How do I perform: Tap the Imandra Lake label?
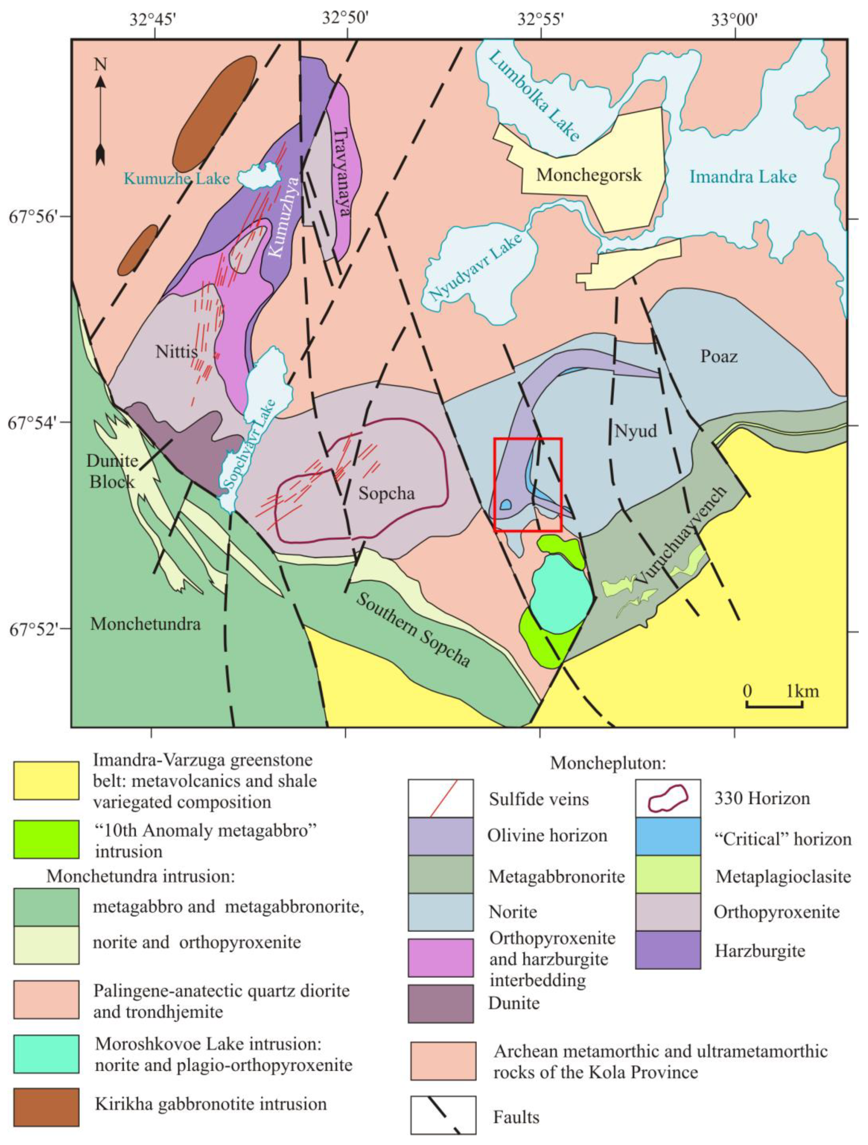pos(742,177)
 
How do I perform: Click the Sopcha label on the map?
pos(387,493)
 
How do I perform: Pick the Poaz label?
pos(719,356)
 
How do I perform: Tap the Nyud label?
pos(635,431)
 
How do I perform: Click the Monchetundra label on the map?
pos(145,624)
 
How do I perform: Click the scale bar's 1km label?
pos(803,691)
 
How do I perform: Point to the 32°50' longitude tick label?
pos(345,19)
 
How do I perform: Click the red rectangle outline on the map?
pos(528,439)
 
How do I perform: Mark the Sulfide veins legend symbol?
pos(440,798)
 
